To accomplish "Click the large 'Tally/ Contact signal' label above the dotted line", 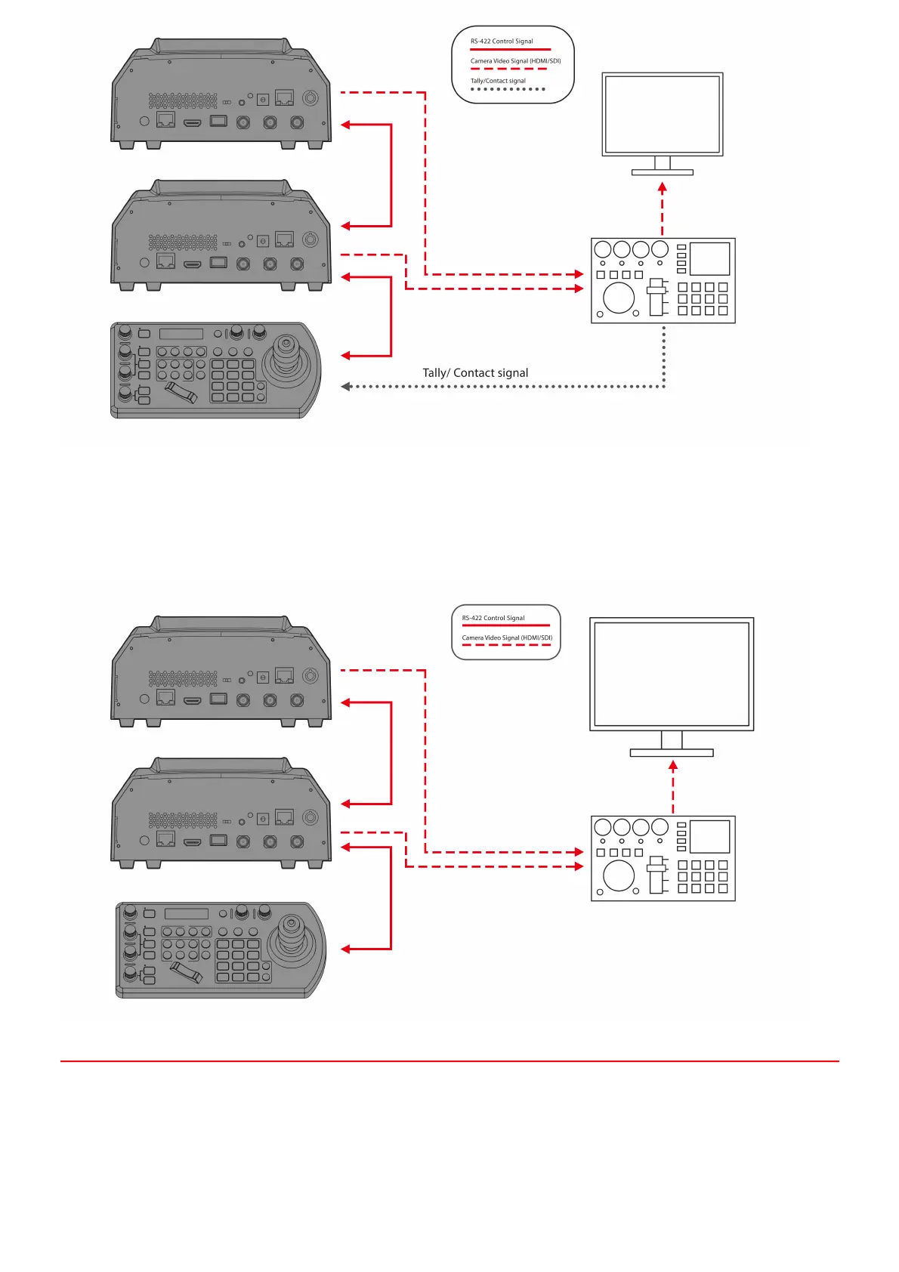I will coord(475,373).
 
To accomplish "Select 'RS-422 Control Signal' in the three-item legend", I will coord(502,42).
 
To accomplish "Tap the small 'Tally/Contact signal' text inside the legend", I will coord(498,81).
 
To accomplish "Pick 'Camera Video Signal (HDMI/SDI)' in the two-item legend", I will coord(507,638).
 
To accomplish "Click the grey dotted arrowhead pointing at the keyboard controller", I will coord(345,387).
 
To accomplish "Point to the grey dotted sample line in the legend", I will coord(508,89).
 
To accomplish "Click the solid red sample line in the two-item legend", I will coord(505,625).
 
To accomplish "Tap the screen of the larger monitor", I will coord(672,675).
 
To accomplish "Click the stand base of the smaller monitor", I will coord(663,172).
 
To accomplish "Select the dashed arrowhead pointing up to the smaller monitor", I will coord(663,187).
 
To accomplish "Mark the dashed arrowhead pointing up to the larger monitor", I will coord(673,765).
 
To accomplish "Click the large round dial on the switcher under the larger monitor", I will coord(619,875).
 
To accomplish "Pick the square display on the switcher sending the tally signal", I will coord(709,259).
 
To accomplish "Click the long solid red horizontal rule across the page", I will coord(449,1061).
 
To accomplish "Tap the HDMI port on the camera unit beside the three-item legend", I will coord(193,122).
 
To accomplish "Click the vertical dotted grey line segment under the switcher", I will coord(663,355).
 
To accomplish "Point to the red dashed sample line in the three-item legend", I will coord(508,69).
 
